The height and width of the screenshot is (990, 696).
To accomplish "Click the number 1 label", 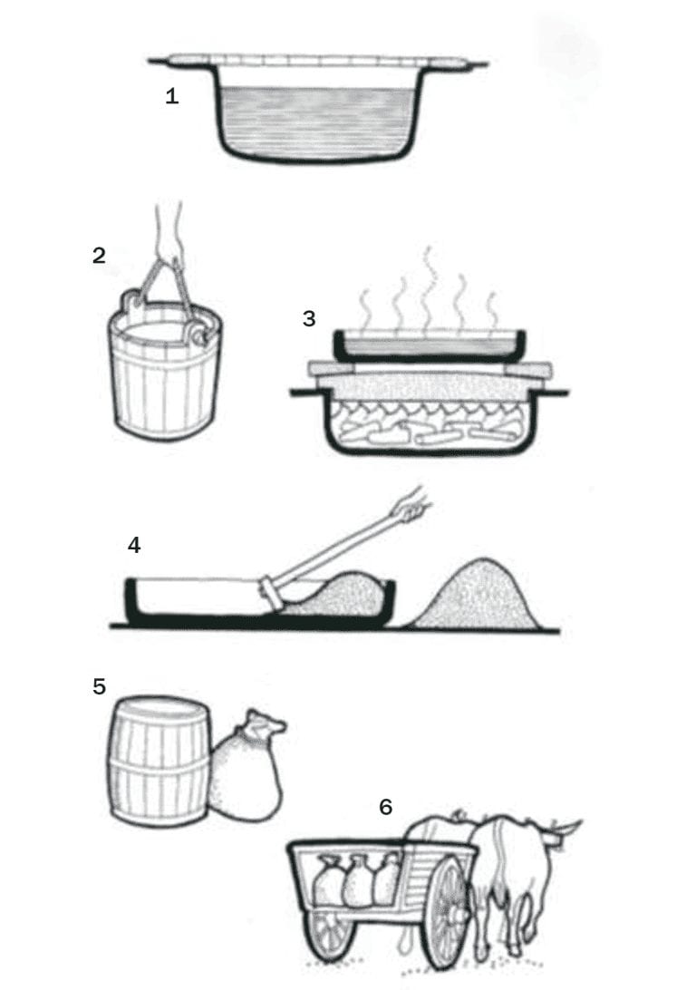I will click(171, 96).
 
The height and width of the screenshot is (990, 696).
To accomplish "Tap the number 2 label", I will click(99, 256).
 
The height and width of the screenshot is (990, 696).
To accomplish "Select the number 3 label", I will click(310, 319).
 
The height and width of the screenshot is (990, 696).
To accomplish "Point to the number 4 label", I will click(134, 545).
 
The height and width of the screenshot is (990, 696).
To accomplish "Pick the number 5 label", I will click(100, 686).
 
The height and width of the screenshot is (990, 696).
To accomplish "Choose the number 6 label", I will click(386, 806).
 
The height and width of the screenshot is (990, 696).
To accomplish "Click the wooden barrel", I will click(159, 762).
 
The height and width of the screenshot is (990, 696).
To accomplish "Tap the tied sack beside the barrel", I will click(246, 771).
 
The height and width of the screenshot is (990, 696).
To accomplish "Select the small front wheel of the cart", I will click(330, 934).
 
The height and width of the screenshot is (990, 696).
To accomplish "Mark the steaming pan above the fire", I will click(430, 345).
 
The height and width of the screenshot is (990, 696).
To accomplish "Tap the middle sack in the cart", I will click(357, 880).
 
